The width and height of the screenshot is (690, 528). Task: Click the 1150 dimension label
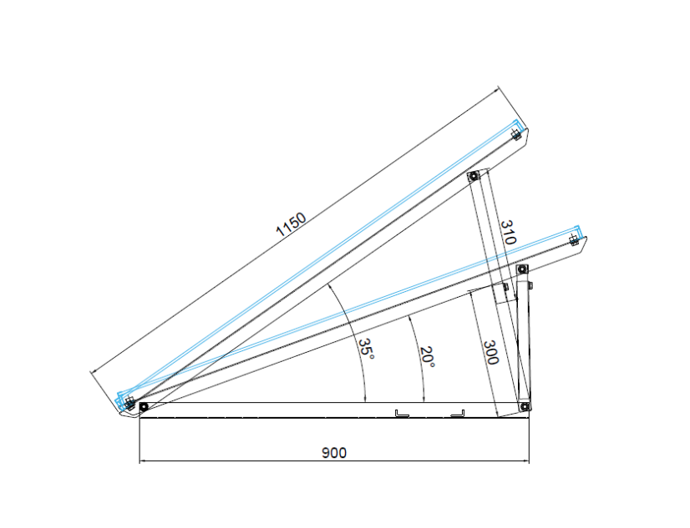[291, 224]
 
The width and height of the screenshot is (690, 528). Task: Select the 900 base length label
[334, 453]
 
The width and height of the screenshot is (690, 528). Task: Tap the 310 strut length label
[508, 232]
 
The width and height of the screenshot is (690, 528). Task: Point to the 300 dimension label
[490, 352]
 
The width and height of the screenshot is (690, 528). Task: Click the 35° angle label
[366, 349]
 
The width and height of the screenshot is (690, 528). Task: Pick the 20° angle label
[428, 357]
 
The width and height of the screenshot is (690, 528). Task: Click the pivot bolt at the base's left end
[144, 407]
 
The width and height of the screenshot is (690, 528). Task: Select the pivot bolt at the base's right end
[524, 407]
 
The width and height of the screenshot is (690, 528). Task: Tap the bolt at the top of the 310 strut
[473, 177]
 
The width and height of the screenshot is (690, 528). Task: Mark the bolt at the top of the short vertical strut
[522, 269]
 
